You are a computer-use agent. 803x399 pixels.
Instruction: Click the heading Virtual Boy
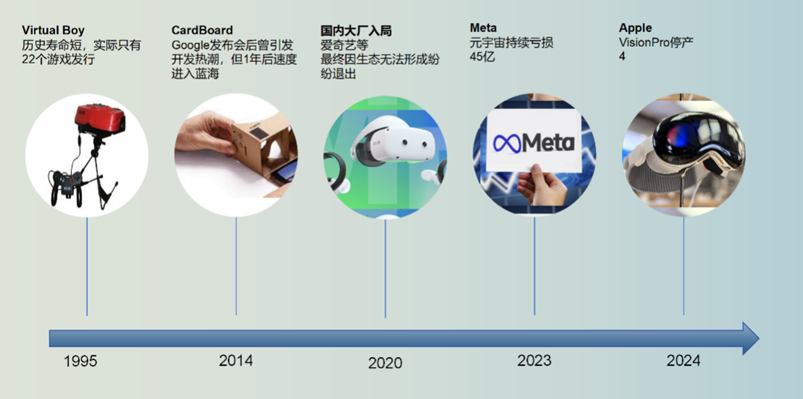click(x=53, y=31)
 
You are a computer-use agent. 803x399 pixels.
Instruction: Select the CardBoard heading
click(x=202, y=31)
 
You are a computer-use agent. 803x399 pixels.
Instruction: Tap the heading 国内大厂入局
click(x=356, y=31)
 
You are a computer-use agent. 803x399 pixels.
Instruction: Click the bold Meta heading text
click(x=483, y=28)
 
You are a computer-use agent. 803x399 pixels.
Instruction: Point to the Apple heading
click(x=635, y=28)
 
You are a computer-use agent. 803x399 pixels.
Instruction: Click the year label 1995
click(x=81, y=362)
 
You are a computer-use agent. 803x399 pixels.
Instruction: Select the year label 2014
click(x=235, y=360)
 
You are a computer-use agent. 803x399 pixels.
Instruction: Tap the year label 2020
click(x=385, y=363)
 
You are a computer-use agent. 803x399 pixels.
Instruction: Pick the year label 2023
click(x=534, y=360)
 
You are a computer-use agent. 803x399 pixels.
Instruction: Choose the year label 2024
click(x=683, y=360)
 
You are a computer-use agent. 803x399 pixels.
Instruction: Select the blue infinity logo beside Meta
click(x=507, y=143)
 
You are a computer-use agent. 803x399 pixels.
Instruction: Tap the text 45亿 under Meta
click(x=482, y=57)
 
